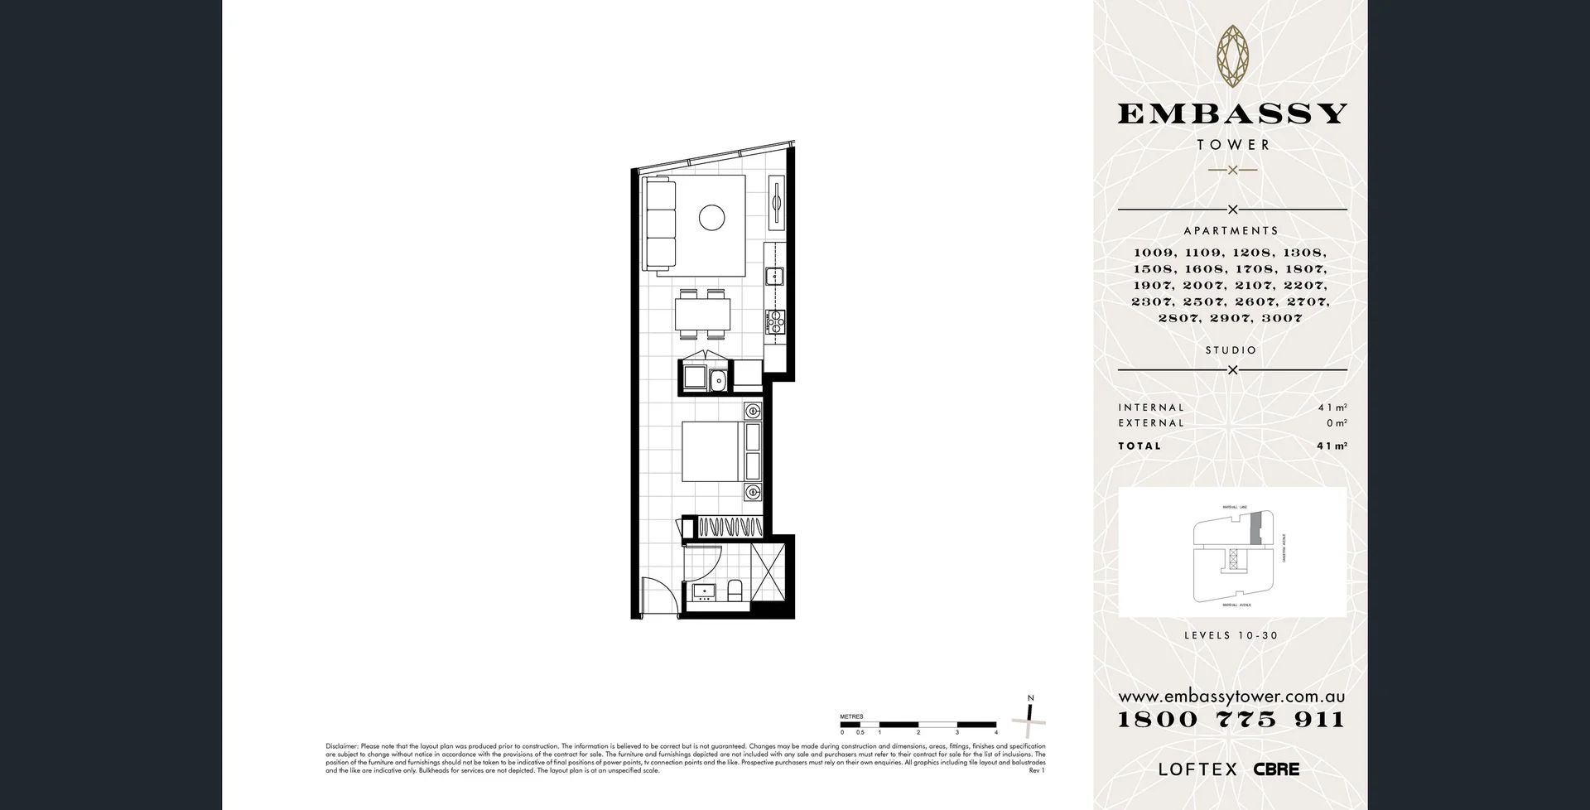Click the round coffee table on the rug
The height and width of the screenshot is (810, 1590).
711,218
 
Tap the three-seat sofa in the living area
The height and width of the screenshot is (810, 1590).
660,224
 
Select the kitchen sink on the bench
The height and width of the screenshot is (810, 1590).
775,275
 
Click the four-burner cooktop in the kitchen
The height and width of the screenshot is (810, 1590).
775,321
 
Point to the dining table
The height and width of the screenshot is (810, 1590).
703,314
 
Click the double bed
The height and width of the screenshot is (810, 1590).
712,451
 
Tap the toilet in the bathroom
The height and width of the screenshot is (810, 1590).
735,591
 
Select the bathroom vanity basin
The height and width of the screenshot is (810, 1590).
705,591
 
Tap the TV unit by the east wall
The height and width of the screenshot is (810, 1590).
777,202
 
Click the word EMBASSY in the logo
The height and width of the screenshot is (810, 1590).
1232,113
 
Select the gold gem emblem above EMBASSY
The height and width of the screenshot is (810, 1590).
1232,55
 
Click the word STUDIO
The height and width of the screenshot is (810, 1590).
1231,350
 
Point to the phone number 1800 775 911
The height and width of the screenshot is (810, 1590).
1231,719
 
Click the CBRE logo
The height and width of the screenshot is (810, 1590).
1276,769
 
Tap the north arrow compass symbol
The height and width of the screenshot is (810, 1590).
1029,718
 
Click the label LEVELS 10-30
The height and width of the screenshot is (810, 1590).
1231,636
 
